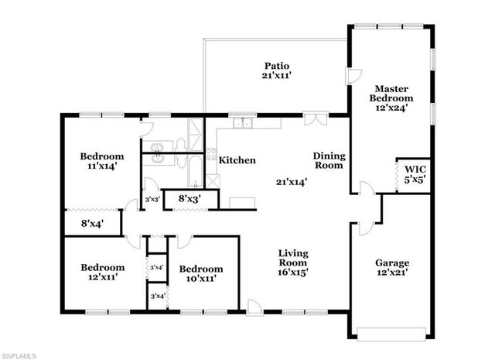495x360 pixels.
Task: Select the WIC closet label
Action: point(409,173)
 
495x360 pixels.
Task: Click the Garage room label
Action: point(392,268)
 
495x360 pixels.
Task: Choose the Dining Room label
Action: point(329,160)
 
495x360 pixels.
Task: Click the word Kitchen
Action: point(237,160)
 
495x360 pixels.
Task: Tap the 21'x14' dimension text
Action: point(293,183)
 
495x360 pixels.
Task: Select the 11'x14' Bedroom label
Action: point(101,161)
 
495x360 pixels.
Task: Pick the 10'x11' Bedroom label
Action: point(201,273)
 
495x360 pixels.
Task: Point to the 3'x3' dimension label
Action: point(152,200)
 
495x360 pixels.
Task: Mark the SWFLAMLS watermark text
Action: point(22,353)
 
